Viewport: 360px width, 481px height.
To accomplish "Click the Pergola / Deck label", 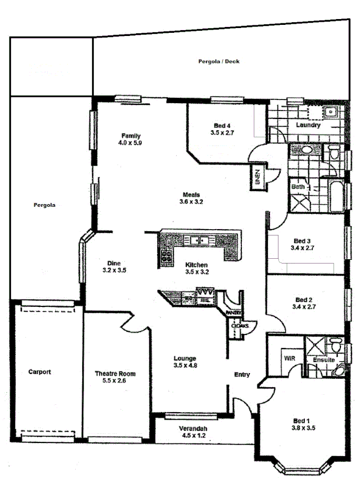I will pos(219,61).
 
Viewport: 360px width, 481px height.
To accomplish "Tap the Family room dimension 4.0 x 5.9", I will pos(130,143).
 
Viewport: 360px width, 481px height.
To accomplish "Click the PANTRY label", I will pos(233,313).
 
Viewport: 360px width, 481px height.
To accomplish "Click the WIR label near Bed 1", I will pos(290,358).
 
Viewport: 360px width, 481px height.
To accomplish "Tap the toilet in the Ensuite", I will pos(336,346).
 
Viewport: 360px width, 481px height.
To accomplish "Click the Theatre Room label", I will pos(111,373).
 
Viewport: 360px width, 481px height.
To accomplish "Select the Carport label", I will pos(40,372).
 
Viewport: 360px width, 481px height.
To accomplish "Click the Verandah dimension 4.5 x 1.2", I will pos(192,436).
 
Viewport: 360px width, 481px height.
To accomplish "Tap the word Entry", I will pos(242,375).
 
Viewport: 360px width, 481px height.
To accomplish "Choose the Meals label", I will pos(192,194).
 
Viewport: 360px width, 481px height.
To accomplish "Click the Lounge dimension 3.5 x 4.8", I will pos(185,365).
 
